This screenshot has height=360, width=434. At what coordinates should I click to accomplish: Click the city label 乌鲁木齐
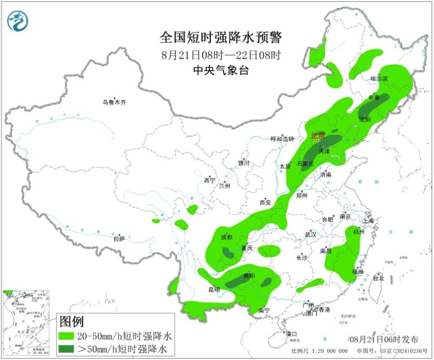click(114, 103)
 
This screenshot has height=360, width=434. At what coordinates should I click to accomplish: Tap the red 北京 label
click(318, 136)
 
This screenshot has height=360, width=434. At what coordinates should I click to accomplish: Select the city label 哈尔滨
click(380, 78)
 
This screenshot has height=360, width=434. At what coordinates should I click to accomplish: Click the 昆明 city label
click(214, 289)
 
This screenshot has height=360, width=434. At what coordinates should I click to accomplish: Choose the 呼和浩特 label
click(283, 139)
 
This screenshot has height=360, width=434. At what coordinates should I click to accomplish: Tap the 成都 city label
click(226, 237)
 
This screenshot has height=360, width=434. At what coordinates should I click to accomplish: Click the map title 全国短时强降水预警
click(220, 37)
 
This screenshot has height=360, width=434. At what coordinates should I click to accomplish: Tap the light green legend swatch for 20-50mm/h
click(66, 335)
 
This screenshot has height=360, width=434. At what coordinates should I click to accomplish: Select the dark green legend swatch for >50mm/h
click(66, 348)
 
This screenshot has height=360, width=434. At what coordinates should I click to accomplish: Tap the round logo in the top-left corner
click(18, 20)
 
